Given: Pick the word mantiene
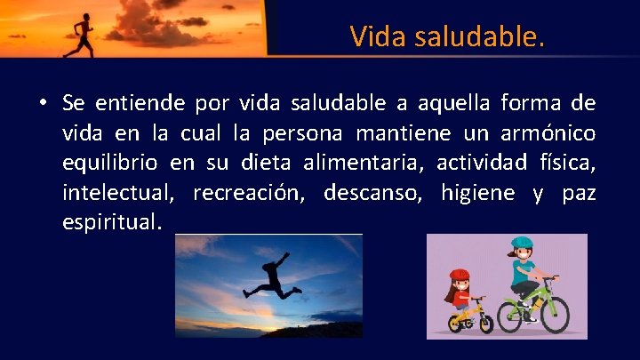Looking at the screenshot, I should pyautogui.click(x=396, y=134).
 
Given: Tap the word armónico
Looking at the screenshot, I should pyautogui.click(x=547, y=134).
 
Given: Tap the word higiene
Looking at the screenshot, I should pyautogui.click(x=476, y=193).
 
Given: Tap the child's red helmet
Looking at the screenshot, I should pyautogui.click(x=460, y=276).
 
